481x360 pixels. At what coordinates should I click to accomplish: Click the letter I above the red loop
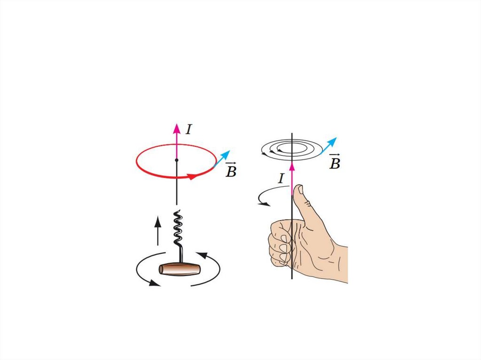pos(188,130)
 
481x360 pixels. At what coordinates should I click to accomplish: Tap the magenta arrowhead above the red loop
pos(177,128)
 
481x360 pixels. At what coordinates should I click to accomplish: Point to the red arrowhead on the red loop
pos(191,177)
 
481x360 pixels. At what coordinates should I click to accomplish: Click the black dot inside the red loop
pos(177,161)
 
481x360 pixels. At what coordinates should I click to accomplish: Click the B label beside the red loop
pos(231,170)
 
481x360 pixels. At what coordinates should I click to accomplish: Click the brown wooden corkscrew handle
pos(179,269)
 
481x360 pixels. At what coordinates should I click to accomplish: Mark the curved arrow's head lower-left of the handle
pos(153,282)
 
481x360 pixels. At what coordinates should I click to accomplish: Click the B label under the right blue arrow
pos(334,162)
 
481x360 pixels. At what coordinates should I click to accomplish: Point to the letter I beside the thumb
pos(281,178)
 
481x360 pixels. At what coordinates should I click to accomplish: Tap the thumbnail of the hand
pos(298,190)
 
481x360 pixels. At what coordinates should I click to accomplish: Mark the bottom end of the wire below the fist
pos(292,278)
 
